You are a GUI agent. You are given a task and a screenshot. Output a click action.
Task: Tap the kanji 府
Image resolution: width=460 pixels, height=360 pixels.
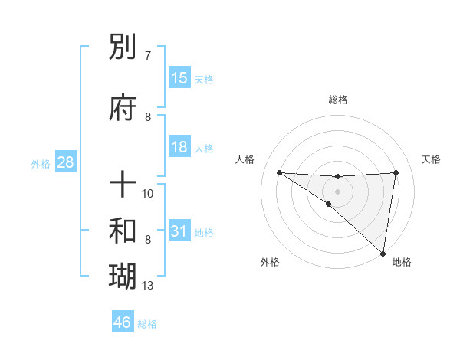[x=123, y=108]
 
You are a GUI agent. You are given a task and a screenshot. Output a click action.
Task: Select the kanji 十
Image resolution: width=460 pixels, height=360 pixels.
[x=123, y=185]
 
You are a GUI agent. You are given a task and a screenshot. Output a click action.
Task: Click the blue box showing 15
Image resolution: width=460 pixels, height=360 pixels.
[x=179, y=78]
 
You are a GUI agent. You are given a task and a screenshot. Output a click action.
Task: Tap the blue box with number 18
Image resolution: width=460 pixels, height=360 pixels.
[x=179, y=147]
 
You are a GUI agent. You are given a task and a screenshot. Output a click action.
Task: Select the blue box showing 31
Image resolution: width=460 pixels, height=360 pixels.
[x=179, y=231]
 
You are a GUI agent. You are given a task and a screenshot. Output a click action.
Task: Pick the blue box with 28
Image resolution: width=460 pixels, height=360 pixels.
[x=65, y=162]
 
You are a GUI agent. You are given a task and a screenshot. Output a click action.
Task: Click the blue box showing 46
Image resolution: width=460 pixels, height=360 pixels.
[x=123, y=322]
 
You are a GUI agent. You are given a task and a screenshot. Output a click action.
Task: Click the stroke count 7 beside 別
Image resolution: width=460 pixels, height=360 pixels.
[x=148, y=56]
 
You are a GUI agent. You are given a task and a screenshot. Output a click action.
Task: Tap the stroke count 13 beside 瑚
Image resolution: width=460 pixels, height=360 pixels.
[x=148, y=286]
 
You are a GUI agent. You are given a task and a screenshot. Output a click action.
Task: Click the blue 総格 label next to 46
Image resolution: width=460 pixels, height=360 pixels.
[x=147, y=324]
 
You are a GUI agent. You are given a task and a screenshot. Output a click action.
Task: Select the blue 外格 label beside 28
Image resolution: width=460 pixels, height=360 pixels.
[x=41, y=164]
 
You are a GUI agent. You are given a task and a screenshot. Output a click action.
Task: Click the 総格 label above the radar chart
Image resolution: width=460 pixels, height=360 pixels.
[x=337, y=100]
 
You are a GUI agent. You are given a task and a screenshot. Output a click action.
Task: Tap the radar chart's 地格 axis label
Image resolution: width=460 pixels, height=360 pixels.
[x=402, y=263]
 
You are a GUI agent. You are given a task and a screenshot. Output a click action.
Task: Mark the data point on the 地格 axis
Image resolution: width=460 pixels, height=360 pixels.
[x=383, y=253]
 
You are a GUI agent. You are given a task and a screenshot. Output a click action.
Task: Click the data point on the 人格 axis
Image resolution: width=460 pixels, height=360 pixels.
[x=279, y=172]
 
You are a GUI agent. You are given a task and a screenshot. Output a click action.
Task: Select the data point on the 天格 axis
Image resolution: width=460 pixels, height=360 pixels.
[x=396, y=172]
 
